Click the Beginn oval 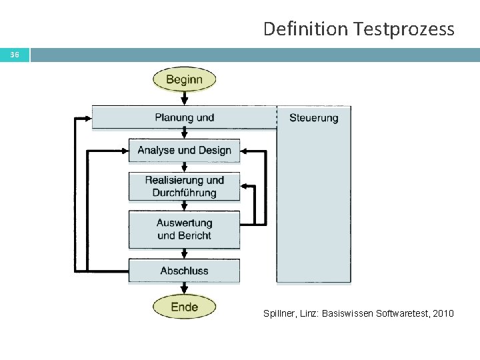184,80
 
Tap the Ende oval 184,307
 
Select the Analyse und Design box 184,150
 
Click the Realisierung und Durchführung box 184,186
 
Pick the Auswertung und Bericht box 184,229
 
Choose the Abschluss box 184,271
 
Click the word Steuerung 313,118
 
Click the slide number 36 14,54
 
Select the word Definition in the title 307,29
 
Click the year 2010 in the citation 442,312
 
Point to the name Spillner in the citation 280,312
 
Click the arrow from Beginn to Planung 185,98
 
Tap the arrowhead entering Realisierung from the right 245,186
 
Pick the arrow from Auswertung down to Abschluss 185,254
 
